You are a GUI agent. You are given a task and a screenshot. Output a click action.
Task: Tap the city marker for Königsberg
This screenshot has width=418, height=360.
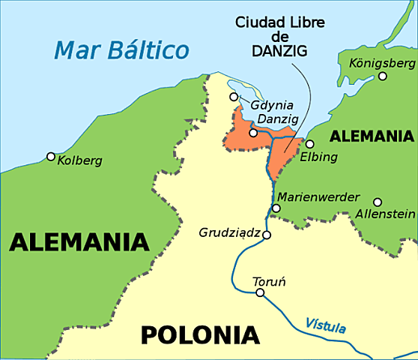pos(383,76)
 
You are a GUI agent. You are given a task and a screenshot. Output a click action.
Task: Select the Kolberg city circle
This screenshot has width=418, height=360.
pos(51,157)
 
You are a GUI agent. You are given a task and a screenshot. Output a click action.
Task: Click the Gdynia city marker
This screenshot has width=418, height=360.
pos(234,97)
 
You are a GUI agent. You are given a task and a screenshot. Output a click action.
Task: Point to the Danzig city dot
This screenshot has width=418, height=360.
pos(253,133)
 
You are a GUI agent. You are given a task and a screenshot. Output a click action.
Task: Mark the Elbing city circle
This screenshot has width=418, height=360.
pos(309,144)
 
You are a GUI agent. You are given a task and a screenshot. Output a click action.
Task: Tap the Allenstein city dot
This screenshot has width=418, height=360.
pos(378,202)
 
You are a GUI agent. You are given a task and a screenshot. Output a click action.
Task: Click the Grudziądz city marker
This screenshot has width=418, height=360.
pos(266,234)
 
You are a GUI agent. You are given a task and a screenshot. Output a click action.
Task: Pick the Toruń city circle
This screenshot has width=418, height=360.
pos(260,292)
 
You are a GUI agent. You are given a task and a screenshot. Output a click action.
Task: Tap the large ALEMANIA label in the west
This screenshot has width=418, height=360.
pos(79,242)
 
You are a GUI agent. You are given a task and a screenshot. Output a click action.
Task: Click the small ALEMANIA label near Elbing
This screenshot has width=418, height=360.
pos(372,136)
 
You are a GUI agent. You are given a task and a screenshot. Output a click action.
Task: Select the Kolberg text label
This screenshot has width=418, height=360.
pos(78,160)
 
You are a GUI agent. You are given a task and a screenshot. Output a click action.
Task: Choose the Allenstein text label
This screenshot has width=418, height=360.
pos(385,214)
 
